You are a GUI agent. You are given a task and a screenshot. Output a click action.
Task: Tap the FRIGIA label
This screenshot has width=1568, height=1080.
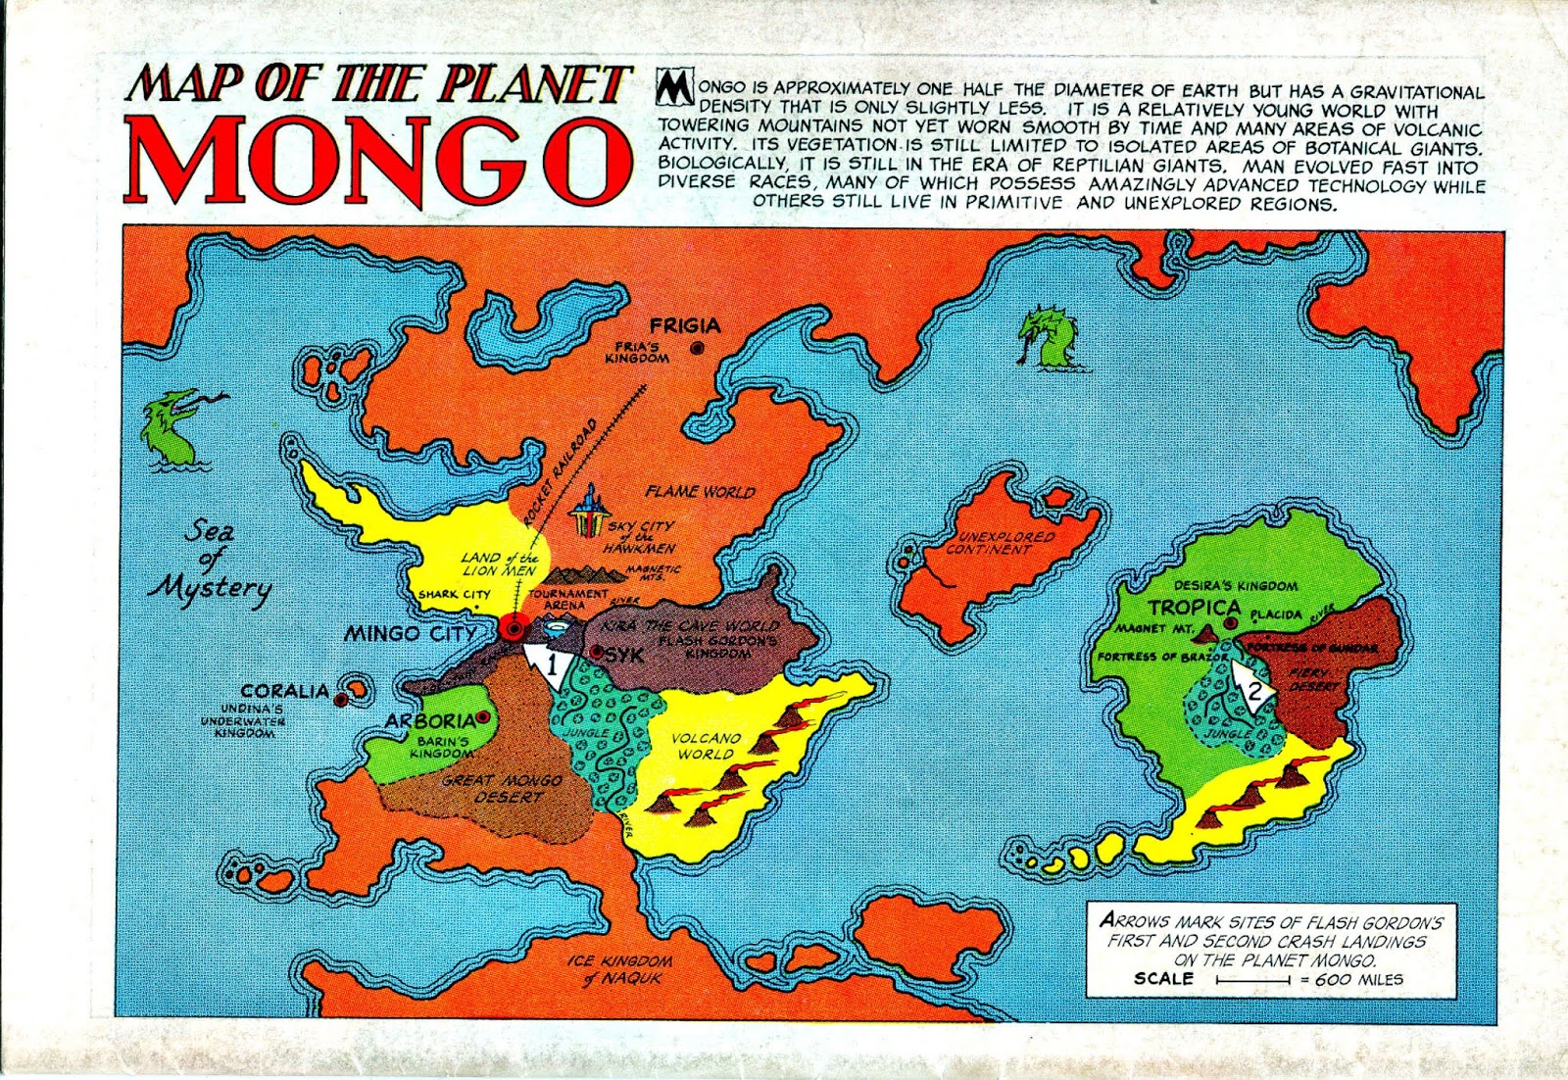tap(685, 326)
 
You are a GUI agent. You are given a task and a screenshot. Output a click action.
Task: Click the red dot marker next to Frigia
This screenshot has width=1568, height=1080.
tap(697, 348)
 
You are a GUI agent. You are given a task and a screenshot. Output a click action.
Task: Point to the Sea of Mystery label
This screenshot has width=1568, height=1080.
tap(210, 561)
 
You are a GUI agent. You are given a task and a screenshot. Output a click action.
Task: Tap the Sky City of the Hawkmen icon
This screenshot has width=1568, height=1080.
tap(589, 512)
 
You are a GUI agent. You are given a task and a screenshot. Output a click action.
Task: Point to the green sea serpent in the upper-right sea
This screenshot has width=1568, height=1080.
tap(1050, 338)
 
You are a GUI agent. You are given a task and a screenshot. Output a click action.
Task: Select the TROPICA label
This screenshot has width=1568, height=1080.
tap(1194, 608)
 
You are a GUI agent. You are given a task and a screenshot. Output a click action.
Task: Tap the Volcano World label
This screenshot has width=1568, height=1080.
tap(706, 746)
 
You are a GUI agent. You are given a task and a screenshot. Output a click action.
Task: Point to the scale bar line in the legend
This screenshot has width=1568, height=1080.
tap(1251, 979)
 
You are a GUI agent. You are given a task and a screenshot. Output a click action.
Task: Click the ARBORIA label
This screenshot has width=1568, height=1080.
tap(429, 721)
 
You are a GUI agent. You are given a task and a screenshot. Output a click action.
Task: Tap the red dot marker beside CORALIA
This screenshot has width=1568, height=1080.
tap(340, 700)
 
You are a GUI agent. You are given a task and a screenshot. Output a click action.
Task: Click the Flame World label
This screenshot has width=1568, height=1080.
tap(699, 492)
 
